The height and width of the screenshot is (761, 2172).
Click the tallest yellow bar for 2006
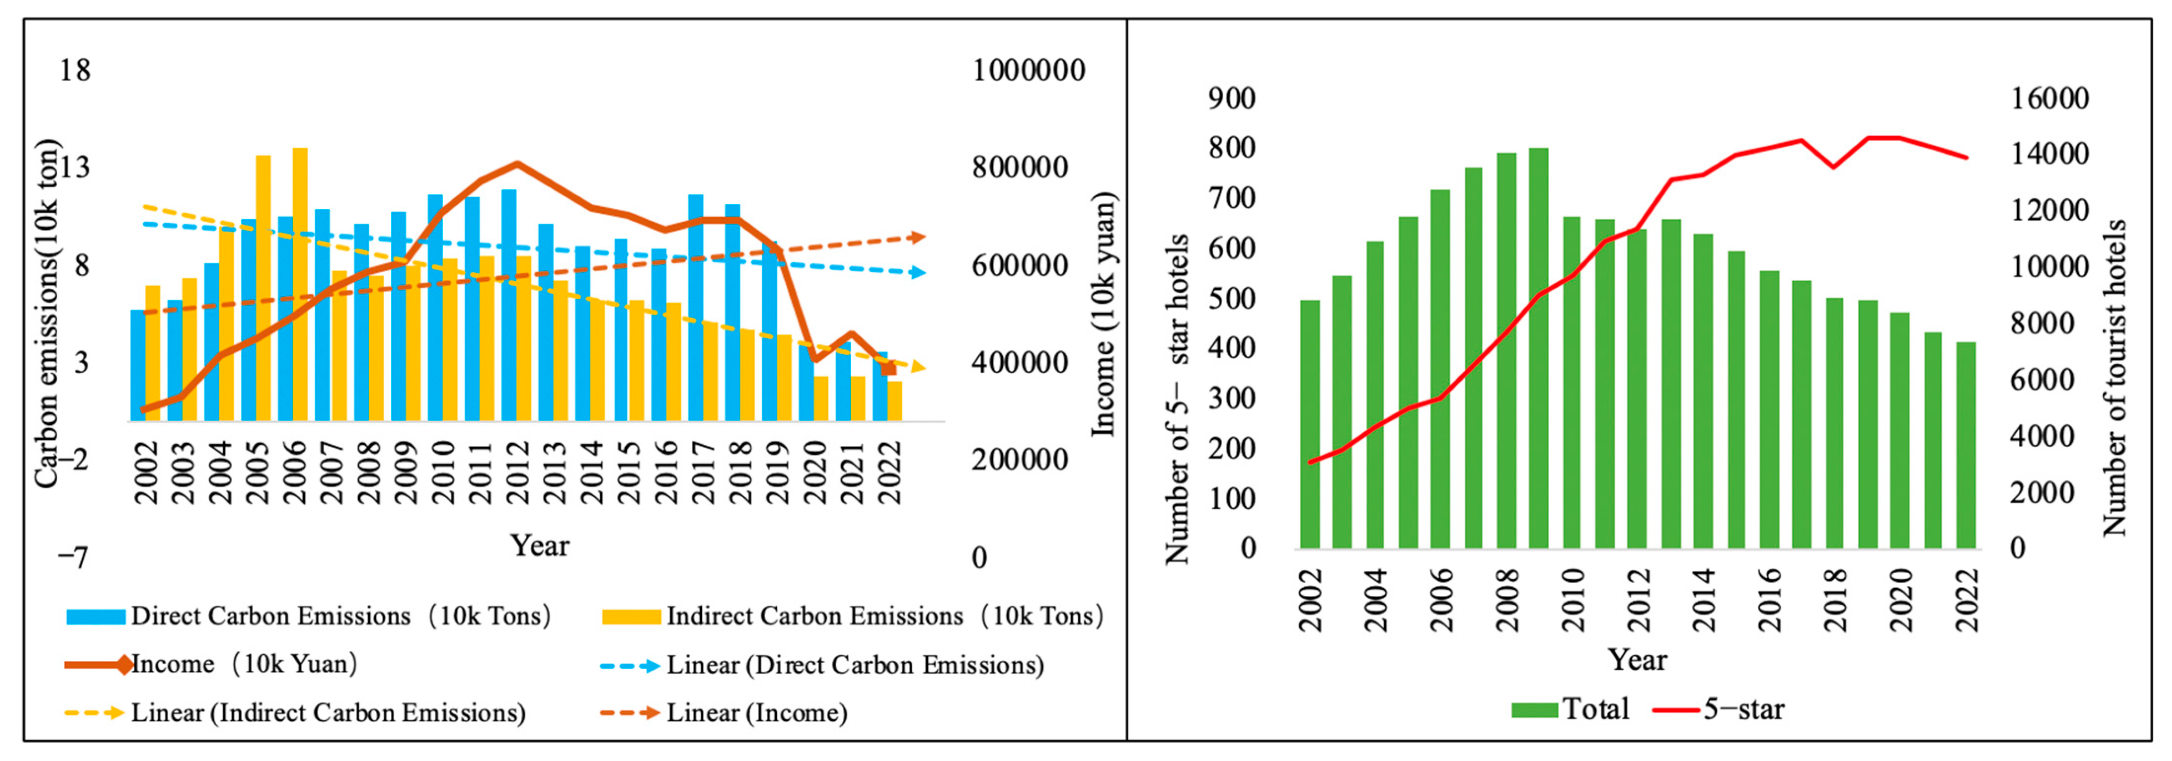300,284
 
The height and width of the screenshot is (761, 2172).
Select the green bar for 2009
1539,348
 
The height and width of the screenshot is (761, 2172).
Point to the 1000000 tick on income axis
1029,70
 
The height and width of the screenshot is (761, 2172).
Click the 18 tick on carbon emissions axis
74,70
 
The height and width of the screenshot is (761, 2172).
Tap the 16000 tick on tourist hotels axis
2050,99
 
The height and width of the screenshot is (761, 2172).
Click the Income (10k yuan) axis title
1104,314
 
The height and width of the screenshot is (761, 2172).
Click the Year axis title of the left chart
540,545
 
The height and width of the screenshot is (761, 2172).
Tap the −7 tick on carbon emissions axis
72,557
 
